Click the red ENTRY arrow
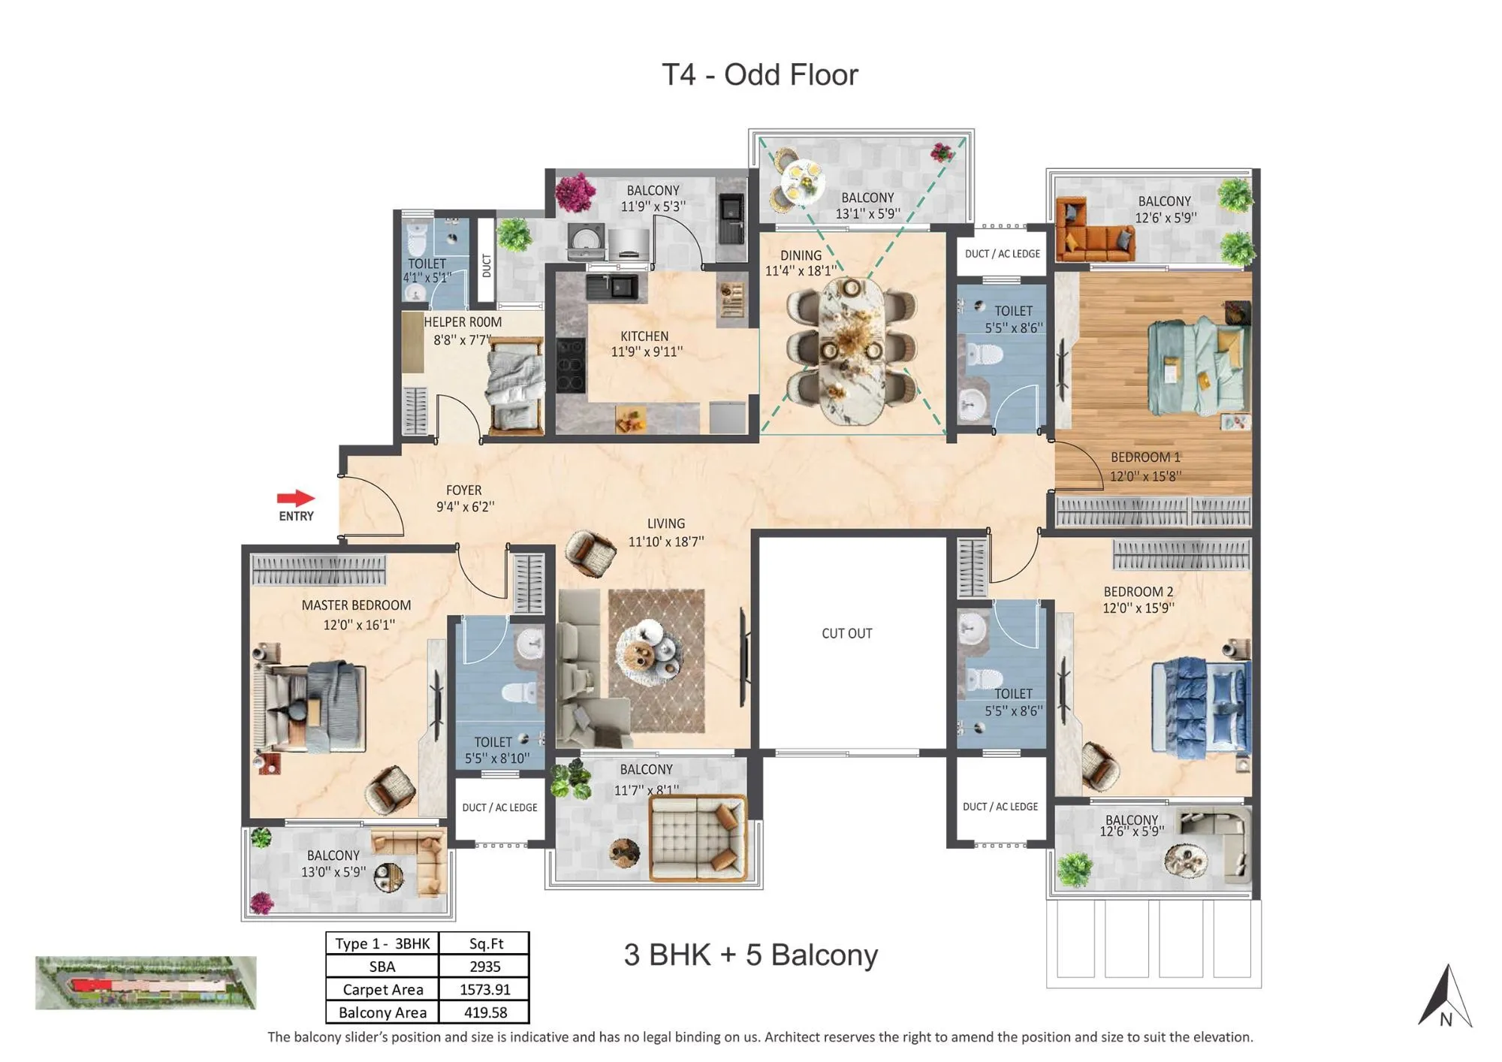tap(296, 497)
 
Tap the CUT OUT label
tap(846, 633)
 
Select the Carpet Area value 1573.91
tap(484, 989)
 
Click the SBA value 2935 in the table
tap(484, 966)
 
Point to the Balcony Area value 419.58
tap(485, 1012)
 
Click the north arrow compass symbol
tap(1446, 997)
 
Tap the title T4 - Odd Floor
tap(759, 75)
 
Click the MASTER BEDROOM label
tap(356, 605)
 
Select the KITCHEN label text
tap(644, 336)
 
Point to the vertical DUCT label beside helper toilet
tap(487, 264)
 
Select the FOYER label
tap(463, 490)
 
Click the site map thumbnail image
tap(146, 982)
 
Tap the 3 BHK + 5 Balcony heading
tap(750, 955)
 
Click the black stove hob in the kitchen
tap(570, 365)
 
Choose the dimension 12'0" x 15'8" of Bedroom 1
tap(1145, 475)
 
